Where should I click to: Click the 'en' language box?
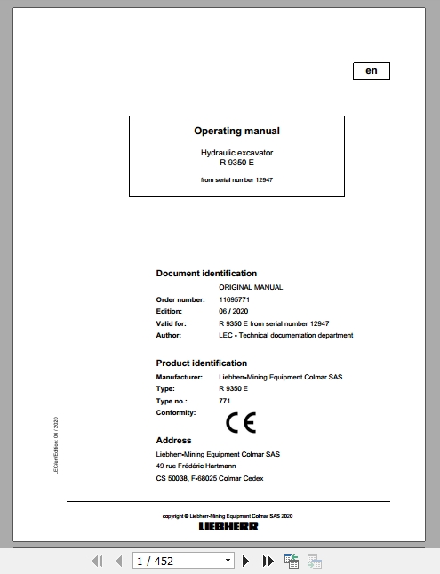(x=371, y=71)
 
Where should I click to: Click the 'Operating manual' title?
(x=236, y=131)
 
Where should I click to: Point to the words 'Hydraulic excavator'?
(x=236, y=153)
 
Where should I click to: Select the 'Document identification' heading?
(x=206, y=274)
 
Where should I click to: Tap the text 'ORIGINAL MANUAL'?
(x=251, y=288)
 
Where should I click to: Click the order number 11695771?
(x=235, y=299)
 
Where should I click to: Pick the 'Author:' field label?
(x=169, y=335)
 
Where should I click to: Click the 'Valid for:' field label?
(x=172, y=323)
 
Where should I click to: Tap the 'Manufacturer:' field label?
(x=179, y=377)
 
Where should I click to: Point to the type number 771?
(x=224, y=401)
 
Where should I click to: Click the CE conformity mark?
(x=240, y=422)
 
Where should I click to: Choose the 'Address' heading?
(x=173, y=440)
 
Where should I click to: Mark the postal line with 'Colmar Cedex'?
(x=209, y=478)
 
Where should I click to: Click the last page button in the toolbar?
(x=268, y=561)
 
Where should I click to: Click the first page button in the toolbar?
(x=99, y=561)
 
